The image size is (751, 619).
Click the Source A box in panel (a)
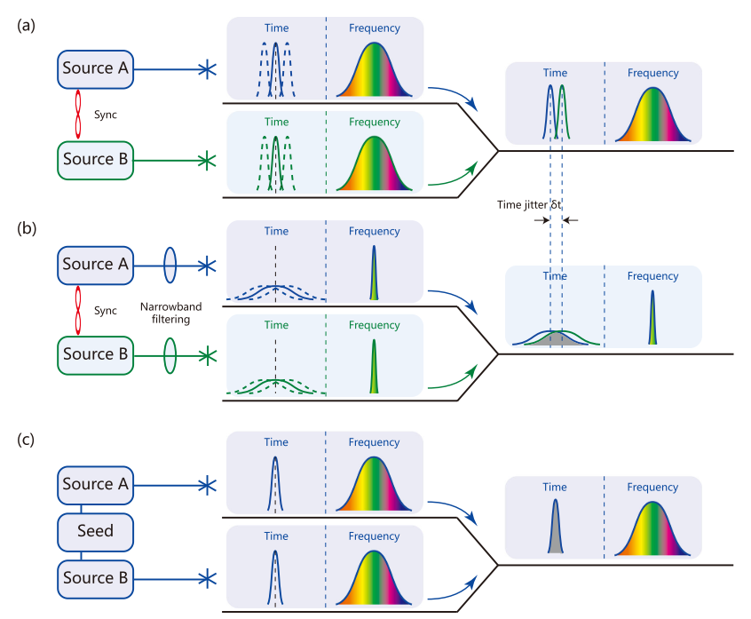tap(96, 68)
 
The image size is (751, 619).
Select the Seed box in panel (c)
tap(96, 531)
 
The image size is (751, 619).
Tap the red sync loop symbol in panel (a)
tap(78, 114)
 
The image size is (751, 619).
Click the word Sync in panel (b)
tap(105, 313)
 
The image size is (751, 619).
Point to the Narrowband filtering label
tap(170, 312)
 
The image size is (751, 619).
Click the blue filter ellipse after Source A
tap(170, 265)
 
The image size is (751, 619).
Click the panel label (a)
tap(26, 26)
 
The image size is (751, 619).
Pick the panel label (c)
tap(26, 440)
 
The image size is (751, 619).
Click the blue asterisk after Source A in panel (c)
tap(206, 485)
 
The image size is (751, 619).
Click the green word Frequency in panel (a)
tap(374, 122)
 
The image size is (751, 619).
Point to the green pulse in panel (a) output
tap(562, 113)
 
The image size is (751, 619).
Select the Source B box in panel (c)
tap(96, 577)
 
